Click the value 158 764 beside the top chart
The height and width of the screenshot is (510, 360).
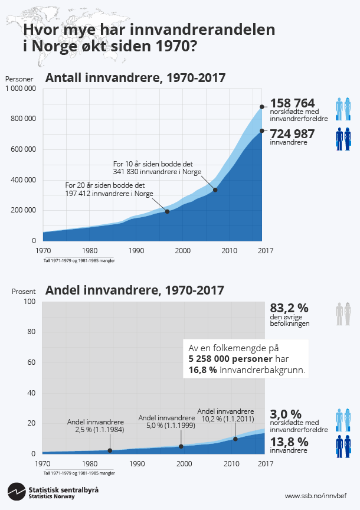point(292,103)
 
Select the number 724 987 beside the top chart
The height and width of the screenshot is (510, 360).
point(292,133)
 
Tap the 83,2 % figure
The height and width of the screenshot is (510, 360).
point(289,308)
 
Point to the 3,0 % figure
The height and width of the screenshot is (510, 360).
point(286,414)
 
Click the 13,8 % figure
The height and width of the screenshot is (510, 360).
point(289,442)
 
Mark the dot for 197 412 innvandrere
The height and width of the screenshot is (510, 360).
point(168,211)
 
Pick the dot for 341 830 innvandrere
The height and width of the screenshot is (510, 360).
point(215,189)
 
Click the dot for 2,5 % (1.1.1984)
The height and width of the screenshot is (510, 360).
point(110,451)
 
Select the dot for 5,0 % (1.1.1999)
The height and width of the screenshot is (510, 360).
point(181,446)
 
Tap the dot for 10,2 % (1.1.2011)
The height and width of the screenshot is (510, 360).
point(235,439)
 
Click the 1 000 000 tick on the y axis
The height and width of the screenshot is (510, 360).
point(21,89)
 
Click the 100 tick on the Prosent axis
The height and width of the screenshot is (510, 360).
point(30,302)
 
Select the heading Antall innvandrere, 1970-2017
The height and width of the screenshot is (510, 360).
point(136,78)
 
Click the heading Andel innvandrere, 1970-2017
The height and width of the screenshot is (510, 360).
point(135,290)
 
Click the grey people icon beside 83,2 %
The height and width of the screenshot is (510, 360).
point(343,314)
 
